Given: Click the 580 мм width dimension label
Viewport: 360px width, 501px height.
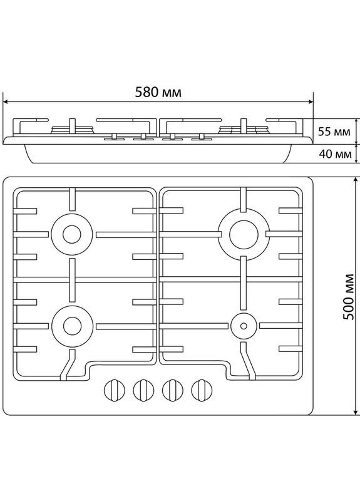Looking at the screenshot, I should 158,91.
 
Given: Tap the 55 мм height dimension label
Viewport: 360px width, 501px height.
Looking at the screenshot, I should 333,132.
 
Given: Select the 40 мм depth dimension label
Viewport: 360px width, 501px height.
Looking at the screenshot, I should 333,154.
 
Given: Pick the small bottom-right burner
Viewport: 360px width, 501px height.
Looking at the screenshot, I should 242,324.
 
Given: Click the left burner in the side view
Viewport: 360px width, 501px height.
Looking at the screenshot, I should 72,131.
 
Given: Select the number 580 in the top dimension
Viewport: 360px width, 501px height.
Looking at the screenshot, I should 148,91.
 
